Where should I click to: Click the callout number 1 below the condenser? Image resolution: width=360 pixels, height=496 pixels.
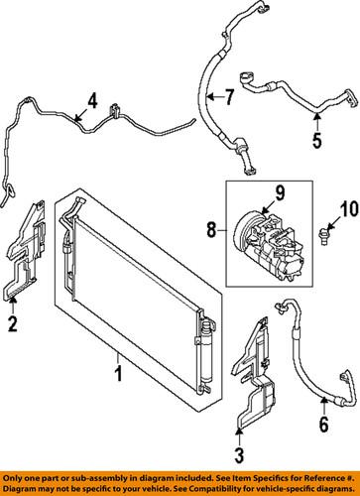(x=118, y=373)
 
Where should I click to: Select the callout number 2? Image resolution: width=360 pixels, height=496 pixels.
(x=13, y=323)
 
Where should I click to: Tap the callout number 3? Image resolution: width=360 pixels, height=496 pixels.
(x=239, y=454)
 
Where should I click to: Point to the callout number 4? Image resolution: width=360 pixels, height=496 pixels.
(x=92, y=100)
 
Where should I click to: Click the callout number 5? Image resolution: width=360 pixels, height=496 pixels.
(x=316, y=140)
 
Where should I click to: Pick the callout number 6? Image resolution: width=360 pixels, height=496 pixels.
(x=323, y=424)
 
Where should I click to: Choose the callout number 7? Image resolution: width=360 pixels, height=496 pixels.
(x=228, y=97)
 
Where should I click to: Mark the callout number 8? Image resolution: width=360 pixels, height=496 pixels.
(x=211, y=230)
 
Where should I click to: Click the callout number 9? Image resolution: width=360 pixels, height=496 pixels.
(x=280, y=193)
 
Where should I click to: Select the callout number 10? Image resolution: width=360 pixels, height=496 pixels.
(x=349, y=209)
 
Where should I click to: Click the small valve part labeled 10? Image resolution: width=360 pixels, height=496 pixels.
(x=324, y=236)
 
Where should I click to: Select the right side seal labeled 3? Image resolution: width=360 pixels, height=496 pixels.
(x=254, y=374)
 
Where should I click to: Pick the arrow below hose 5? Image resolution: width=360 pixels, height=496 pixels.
(x=316, y=121)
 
